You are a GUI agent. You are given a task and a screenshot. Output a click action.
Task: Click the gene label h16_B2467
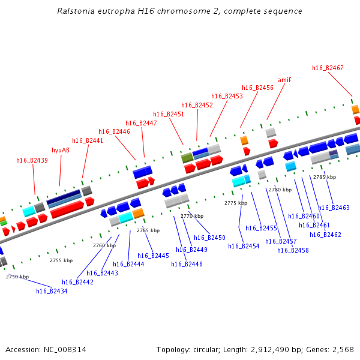(328, 68)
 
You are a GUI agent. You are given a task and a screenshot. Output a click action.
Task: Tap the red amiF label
(284, 80)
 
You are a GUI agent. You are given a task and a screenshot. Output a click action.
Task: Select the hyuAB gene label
(61, 150)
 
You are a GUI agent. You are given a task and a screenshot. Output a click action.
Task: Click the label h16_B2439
(32, 160)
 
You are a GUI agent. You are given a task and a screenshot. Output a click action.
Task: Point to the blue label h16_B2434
(52, 291)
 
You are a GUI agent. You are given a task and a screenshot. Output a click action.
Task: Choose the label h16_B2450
(209, 238)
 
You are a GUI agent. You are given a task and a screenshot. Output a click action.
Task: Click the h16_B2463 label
(334, 208)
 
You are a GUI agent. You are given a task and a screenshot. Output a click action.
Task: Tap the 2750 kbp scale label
(17, 277)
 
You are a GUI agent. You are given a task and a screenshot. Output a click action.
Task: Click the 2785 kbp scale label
(325, 177)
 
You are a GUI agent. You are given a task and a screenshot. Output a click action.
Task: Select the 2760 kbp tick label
(104, 245)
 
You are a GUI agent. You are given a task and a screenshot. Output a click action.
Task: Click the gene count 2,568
(341, 349)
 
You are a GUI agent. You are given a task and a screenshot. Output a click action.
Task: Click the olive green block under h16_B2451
(187, 158)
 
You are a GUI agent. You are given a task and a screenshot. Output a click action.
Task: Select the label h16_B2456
(257, 88)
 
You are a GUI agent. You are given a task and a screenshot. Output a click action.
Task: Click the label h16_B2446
(114, 131)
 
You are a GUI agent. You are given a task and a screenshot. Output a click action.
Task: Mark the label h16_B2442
(77, 282)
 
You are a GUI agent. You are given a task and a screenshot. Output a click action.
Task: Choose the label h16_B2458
(293, 250)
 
